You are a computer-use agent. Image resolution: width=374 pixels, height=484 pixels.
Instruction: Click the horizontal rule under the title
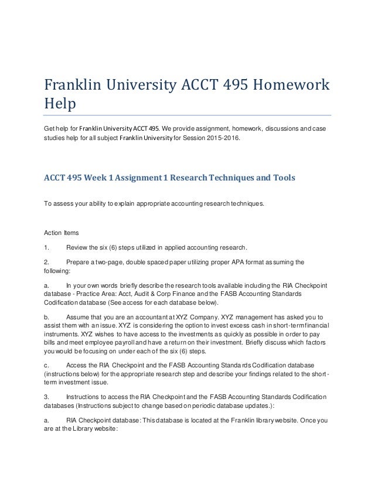187,115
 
